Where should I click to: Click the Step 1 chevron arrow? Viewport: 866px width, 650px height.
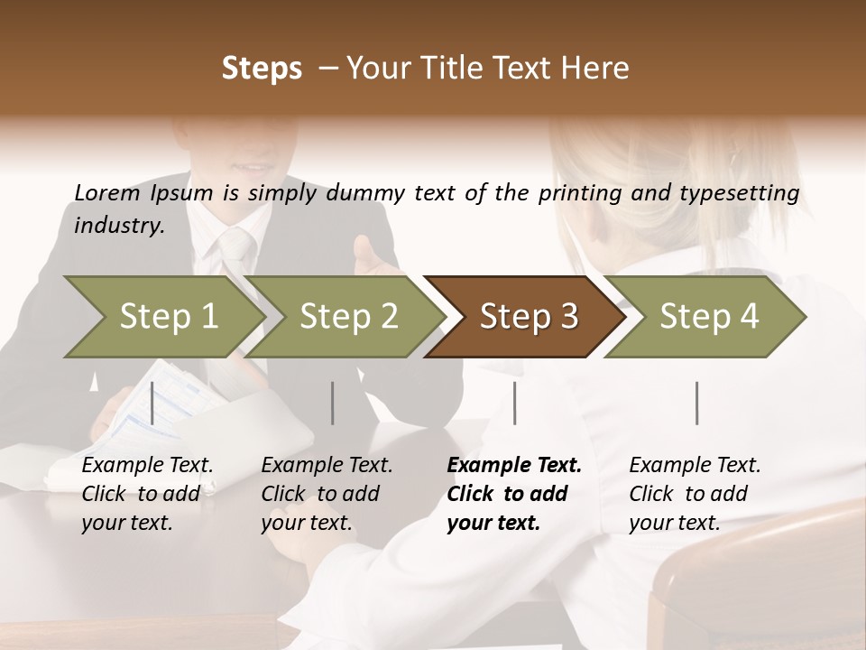(x=167, y=316)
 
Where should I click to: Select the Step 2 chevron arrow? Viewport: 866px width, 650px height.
(x=347, y=316)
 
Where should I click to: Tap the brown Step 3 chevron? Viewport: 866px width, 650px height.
(x=528, y=316)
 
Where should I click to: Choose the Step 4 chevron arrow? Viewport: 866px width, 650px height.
(x=708, y=316)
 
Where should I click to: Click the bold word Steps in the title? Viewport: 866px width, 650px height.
(x=262, y=69)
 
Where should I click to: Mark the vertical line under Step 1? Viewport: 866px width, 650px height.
(x=152, y=403)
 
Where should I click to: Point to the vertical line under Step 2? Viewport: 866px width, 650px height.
(x=333, y=403)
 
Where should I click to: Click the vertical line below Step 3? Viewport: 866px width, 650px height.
(x=515, y=403)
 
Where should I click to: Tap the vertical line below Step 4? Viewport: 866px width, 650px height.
(x=697, y=403)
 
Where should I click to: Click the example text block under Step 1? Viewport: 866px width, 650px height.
(x=147, y=494)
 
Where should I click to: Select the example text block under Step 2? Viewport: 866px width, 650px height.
(x=327, y=494)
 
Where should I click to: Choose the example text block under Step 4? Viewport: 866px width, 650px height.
(x=695, y=494)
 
